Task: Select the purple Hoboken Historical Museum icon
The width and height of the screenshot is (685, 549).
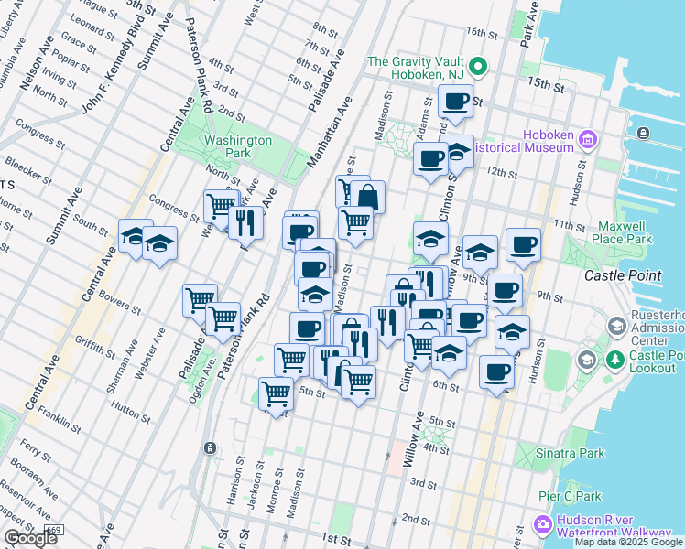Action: point(588,141)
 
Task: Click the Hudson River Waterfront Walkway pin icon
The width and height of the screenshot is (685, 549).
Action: point(542,525)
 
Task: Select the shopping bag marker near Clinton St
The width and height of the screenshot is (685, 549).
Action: point(368,197)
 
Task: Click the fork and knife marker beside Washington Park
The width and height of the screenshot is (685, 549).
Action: point(245,221)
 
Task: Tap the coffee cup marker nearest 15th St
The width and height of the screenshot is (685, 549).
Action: point(455,101)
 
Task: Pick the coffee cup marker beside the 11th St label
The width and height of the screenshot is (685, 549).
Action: point(523,244)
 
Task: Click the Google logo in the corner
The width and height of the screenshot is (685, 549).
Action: point(30,539)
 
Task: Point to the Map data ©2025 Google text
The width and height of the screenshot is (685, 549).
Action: point(628,542)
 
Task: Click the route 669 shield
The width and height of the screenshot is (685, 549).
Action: point(54,530)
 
